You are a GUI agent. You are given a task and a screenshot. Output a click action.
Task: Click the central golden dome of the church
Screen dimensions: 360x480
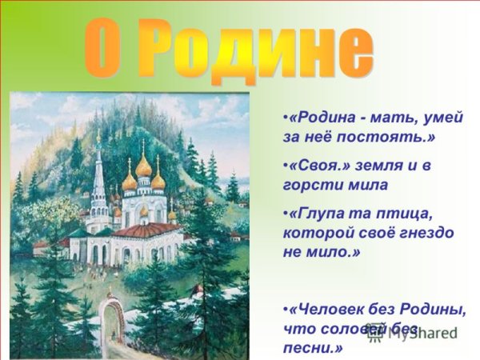[x=143, y=167]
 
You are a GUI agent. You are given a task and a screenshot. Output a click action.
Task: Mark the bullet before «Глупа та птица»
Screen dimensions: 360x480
[x=286, y=214]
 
